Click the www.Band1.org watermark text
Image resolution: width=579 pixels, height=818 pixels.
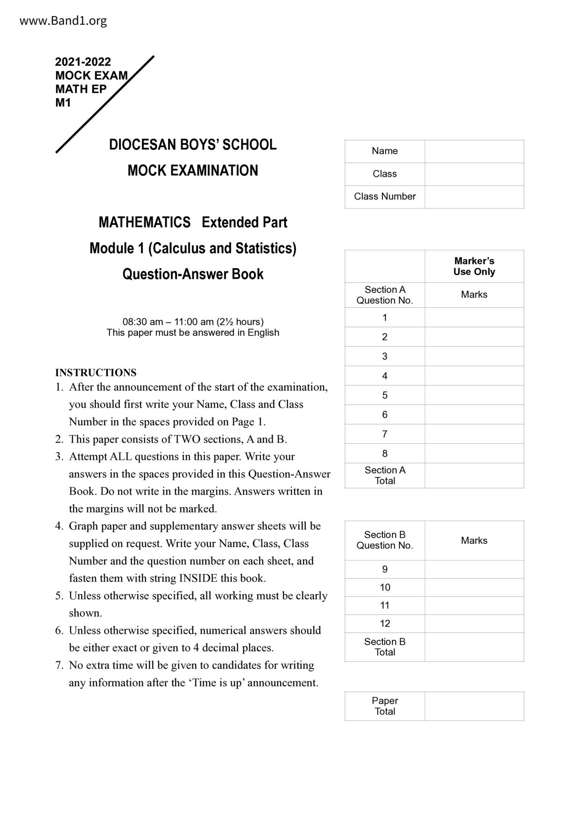coord(63,21)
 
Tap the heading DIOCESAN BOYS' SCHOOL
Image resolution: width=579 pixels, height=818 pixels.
coord(192,145)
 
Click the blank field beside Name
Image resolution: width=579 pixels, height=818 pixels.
coord(474,152)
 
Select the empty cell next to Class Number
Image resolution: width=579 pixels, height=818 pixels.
coord(474,197)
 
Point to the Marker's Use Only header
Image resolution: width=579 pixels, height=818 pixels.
coord(474,266)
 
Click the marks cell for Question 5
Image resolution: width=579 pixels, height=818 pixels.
coord(474,395)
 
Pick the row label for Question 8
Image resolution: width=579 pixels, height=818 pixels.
coord(385,453)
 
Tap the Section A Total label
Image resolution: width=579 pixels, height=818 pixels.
coord(385,476)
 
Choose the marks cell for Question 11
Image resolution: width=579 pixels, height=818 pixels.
coord(474,605)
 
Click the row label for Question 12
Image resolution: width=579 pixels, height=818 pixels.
coord(385,624)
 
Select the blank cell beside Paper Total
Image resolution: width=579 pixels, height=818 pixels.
coord(474,706)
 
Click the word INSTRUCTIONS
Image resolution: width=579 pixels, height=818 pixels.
coord(96,373)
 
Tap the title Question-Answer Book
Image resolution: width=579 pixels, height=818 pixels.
coord(192,274)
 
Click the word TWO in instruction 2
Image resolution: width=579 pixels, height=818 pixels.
coord(186,439)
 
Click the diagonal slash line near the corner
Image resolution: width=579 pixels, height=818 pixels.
coord(105,104)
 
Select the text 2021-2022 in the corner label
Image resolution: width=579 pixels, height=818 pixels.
coord(83,62)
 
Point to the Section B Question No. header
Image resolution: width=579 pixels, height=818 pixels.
coord(385,540)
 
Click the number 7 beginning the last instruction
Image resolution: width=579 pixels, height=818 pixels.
coord(59,665)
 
